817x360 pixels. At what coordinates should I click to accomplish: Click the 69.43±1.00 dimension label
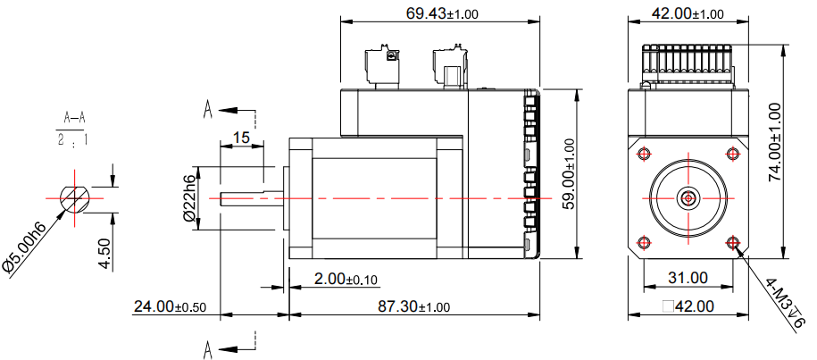pos(442,13)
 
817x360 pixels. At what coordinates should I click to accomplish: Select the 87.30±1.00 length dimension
pos(413,306)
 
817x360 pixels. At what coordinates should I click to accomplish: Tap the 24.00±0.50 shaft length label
pos(170,306)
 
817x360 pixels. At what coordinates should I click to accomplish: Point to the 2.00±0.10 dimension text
pos(346,280)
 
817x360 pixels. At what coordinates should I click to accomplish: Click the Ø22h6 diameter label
pos(190,198)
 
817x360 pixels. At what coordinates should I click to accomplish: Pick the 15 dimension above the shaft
pos(241,138)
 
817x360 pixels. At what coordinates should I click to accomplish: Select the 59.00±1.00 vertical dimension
pos(569,174)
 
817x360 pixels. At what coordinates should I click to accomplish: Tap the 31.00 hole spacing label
pos(688,278)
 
